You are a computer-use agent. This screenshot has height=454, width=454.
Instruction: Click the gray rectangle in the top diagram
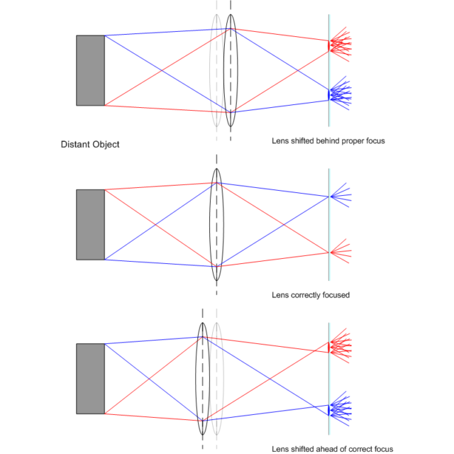click(x=91, y=70)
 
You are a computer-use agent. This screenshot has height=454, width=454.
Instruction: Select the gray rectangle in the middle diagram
click(x=91, y=224)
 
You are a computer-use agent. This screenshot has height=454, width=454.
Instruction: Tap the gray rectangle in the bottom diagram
click(x=91, y=378)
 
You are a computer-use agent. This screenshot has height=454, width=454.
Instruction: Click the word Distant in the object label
click(x=76, y=145)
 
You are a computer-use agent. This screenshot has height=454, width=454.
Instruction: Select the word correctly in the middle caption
click(x=309, y=294)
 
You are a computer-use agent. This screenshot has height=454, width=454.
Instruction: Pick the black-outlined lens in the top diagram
click(x=231, y=70)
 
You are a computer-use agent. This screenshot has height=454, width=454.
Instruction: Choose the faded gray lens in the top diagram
click(x=215, y=70)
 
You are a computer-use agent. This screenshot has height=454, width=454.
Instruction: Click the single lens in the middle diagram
click(x=216, y=224)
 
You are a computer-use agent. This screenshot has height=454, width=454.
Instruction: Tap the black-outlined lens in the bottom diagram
click(x=203, y=378)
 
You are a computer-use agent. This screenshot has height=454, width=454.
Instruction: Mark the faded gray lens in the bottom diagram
click(x=218, y=378)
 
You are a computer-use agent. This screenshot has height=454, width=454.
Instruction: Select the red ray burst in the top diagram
click(x=340, y=44)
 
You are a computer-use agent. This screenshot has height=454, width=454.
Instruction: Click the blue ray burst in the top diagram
click(x=340, y=93)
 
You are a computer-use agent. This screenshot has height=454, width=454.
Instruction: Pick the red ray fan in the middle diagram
click(x=340, y=251)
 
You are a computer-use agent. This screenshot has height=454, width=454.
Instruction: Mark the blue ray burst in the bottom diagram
click(x=340, y=409)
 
